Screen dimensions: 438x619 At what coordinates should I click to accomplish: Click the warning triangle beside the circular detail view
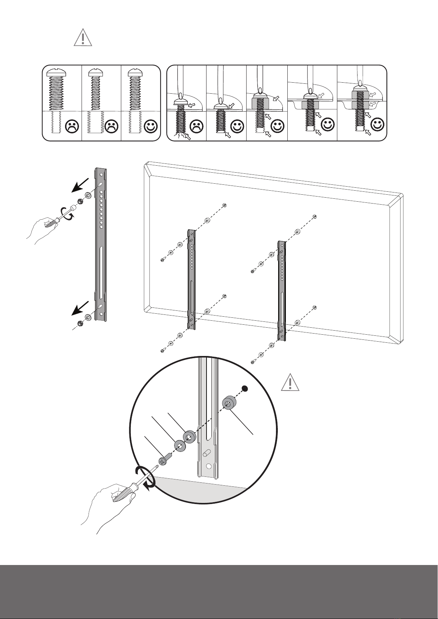(290, 383)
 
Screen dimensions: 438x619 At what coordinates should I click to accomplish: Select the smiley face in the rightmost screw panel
(378, 125)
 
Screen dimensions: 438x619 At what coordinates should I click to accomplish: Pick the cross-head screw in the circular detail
(164, 460)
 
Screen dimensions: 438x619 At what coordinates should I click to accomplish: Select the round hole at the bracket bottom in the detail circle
(209, 466)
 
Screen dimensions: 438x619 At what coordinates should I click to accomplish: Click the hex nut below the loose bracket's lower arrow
(79, 323)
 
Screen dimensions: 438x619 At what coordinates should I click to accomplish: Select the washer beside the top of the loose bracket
(88, 195)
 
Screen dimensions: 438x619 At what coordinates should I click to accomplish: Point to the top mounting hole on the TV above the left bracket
(224, 205)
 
